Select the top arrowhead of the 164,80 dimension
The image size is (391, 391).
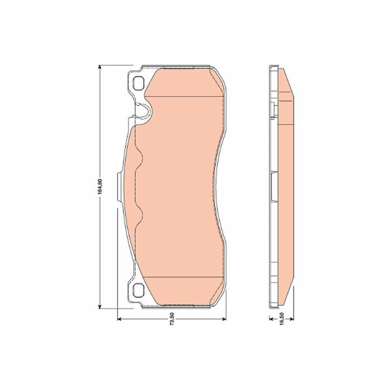(100, 68)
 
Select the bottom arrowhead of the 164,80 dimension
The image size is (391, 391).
(100, 306)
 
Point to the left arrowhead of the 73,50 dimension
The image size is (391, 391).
(120, 319)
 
